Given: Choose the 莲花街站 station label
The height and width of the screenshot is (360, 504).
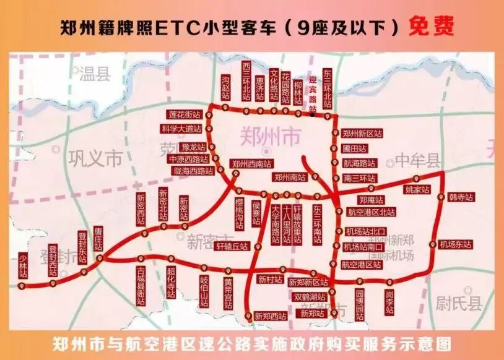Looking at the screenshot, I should (185, 115).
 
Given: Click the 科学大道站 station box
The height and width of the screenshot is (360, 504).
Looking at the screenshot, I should (181, 129).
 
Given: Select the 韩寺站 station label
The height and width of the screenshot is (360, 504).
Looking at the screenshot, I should (461, 197).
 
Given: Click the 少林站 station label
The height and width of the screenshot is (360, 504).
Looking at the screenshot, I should (24, 265).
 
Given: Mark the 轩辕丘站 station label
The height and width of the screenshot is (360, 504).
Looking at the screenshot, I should (232, 246).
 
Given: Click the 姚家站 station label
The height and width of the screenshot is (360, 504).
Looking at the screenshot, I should (417, 189).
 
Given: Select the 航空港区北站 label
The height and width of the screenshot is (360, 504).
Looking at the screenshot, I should (371, 212).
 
